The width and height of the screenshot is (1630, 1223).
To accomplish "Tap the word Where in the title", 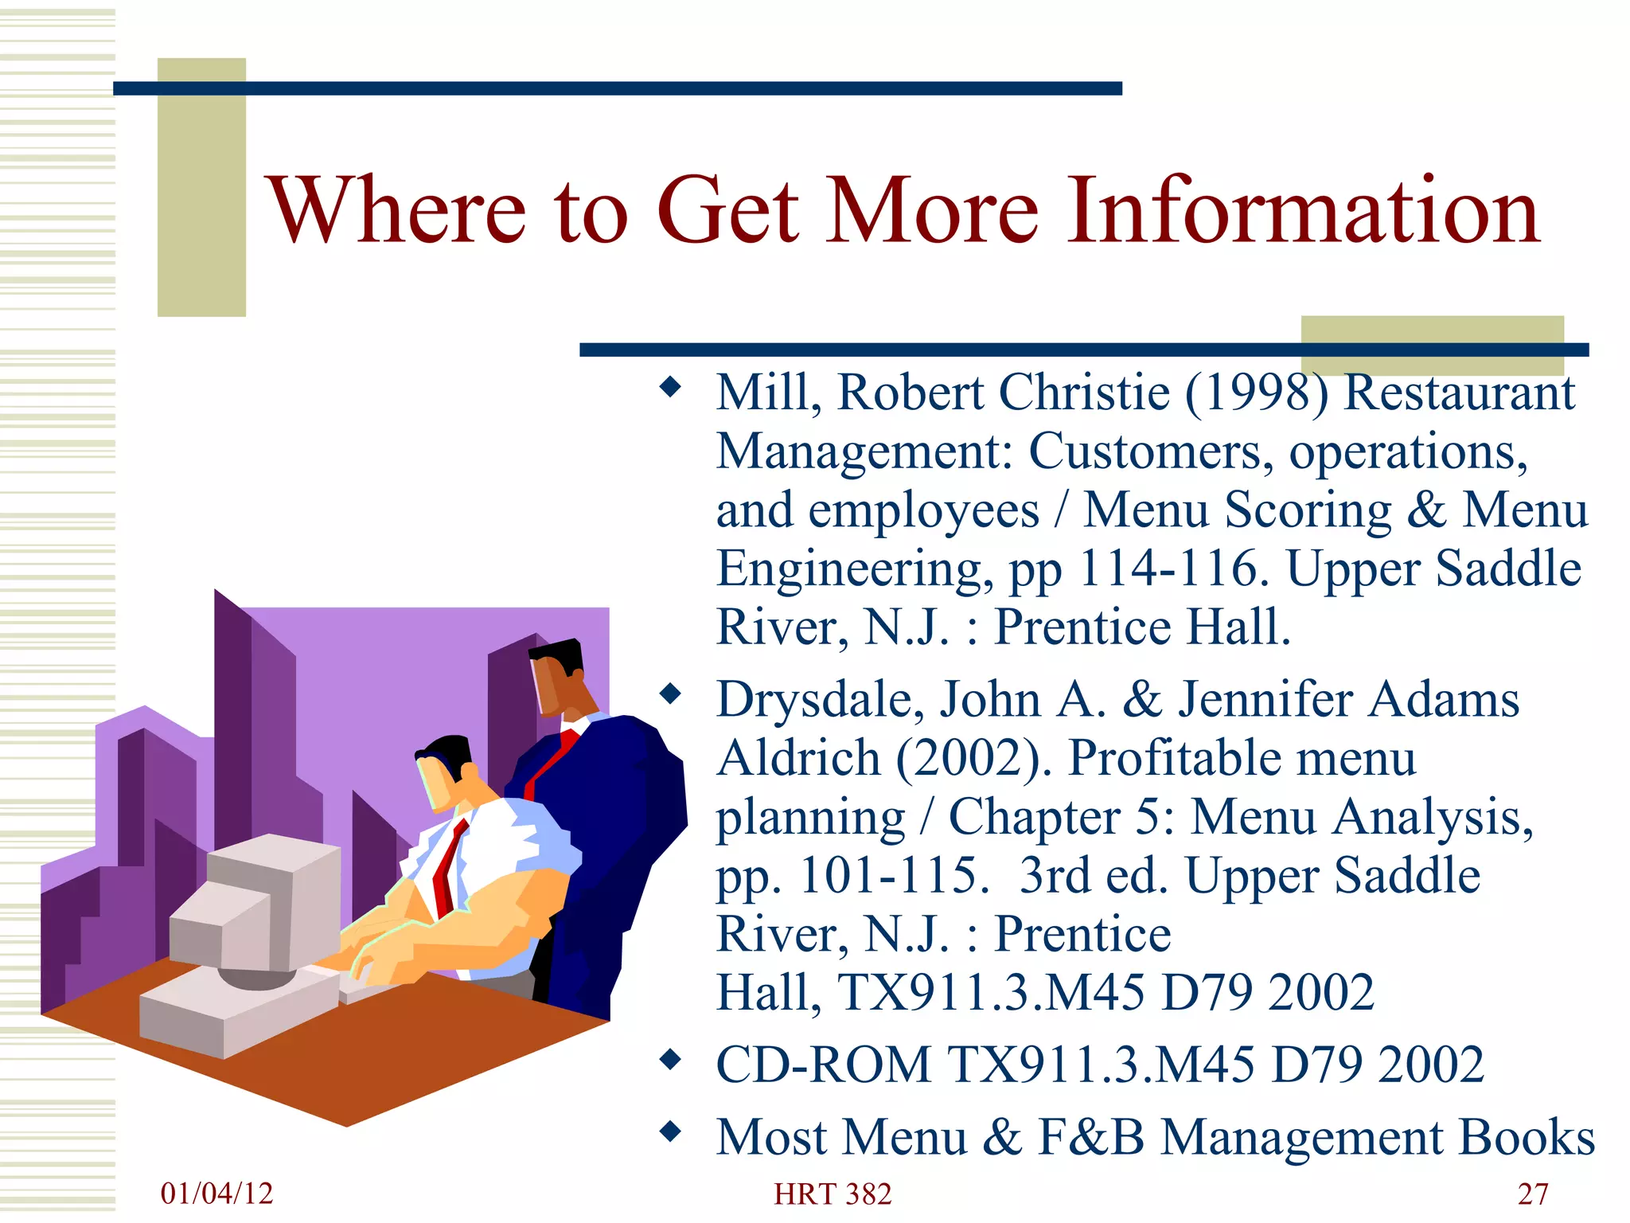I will [398, 210].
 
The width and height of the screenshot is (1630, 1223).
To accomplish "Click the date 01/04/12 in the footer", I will [216, 1193].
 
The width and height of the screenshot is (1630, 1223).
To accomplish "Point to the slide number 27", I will [1533, 1194].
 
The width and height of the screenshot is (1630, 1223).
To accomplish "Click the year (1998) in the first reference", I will [1257, 393].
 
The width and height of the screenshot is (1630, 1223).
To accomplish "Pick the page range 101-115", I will [887, 876].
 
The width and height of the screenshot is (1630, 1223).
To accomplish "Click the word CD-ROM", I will [823, 1065].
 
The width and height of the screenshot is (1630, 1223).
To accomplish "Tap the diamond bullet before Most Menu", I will [671, 1131].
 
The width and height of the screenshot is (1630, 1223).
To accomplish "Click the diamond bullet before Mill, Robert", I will [671, 388].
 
